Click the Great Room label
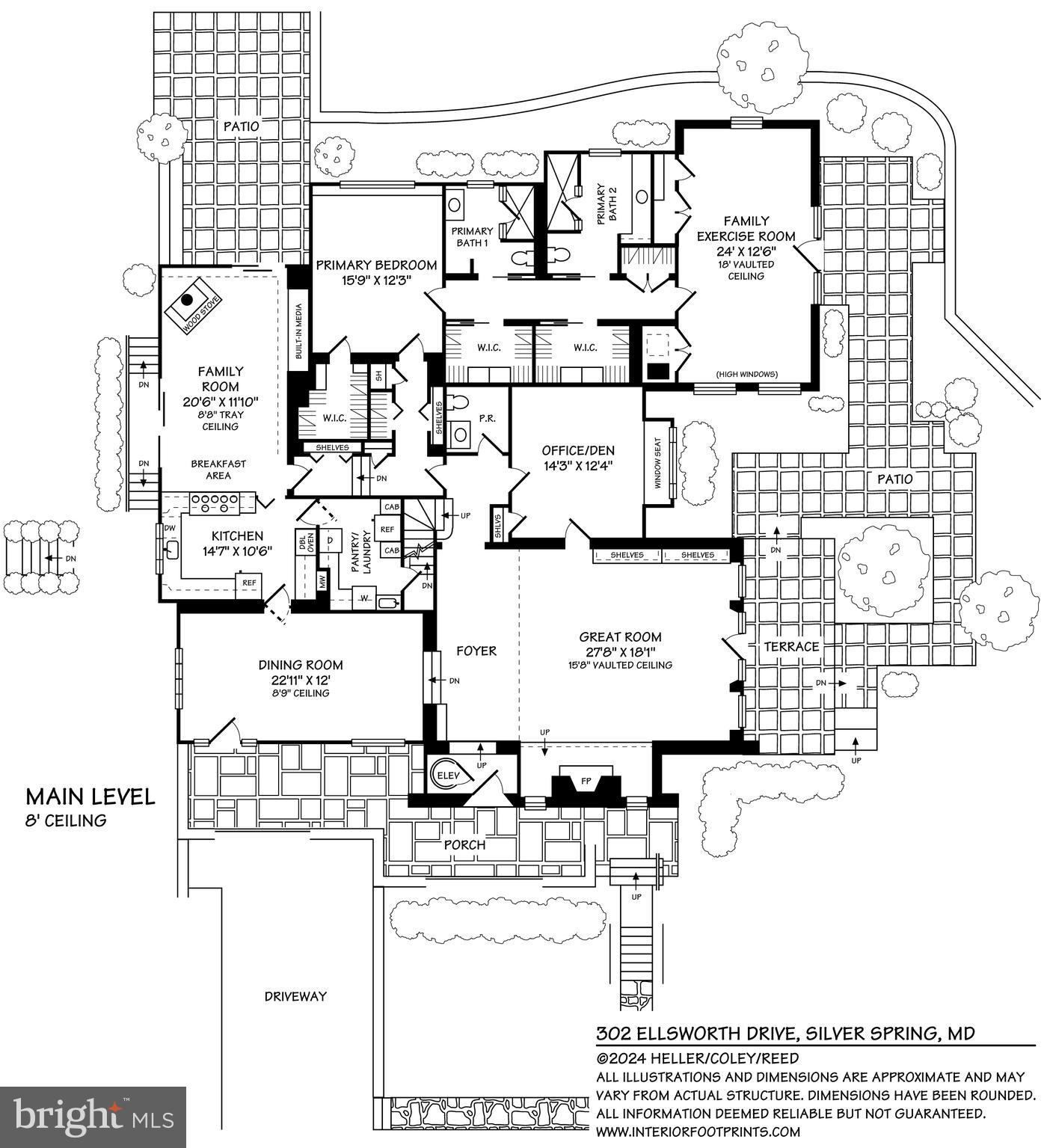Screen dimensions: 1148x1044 [620, 637]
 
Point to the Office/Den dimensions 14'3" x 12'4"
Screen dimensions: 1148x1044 [577, 464]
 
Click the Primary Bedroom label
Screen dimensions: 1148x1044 [375, 265]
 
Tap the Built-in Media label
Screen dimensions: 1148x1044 [298, 332]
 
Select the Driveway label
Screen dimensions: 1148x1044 [295, 996]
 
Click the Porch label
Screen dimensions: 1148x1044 [464, 844]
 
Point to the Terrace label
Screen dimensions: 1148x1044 [791, 646]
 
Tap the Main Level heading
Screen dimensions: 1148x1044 [90, 796]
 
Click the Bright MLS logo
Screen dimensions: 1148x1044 [93, 1117]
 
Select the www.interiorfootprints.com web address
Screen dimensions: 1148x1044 [697, 1132]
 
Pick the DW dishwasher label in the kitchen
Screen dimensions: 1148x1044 [169, 528]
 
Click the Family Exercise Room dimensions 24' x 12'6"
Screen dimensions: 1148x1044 [746, 252]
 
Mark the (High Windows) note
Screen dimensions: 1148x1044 [746, 374]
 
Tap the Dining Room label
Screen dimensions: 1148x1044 [301, 665]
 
